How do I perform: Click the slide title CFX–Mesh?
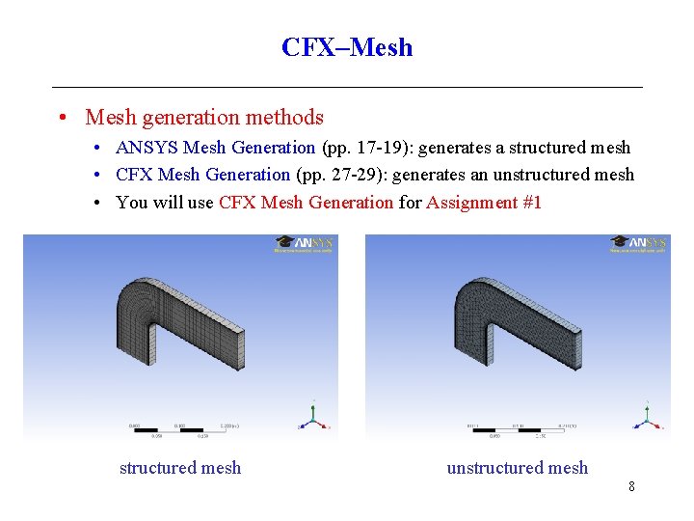347,47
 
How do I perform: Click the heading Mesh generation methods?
204,118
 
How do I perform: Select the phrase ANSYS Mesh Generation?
215,148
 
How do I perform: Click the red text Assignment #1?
484,202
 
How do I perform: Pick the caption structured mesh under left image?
180,468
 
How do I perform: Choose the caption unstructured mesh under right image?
517,468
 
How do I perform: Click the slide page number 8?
631,486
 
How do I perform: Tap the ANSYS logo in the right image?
639,244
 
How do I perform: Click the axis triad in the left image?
313,417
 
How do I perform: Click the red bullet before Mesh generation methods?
61,119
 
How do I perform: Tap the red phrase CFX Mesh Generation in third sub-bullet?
307,202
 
